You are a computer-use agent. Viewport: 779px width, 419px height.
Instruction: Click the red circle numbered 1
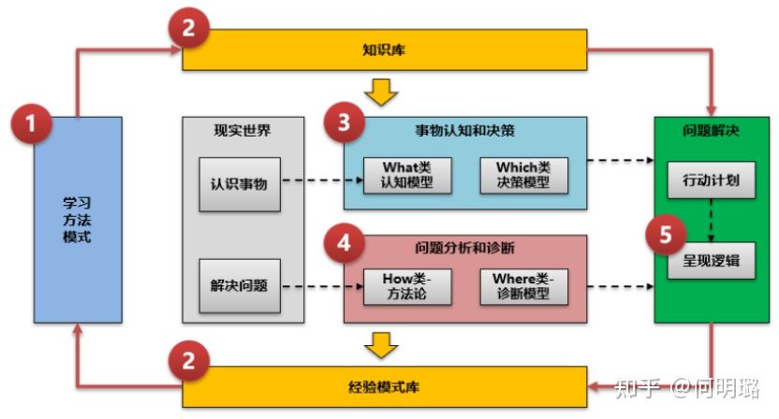click(x=31, y=123)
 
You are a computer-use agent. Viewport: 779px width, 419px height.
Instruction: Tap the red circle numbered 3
click(x=345, y=123)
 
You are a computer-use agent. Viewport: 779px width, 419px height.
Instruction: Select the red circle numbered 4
click(x=345, y=243)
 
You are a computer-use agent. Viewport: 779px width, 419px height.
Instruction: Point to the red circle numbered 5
click(x=666, y=235)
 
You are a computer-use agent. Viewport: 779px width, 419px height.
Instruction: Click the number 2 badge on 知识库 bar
click(x=188, y=28)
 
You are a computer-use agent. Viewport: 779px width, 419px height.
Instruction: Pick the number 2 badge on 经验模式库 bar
click(x=188, y=361)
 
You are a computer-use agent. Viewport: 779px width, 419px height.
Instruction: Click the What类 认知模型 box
click(x=407, y=175)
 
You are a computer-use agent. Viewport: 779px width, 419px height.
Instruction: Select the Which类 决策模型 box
click(x=523, y=175)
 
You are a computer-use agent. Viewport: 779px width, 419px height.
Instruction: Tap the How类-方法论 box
click(x=407, y=286)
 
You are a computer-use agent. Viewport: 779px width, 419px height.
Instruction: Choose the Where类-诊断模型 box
click(x=523, y=286)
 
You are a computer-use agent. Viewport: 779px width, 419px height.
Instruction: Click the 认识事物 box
click(x=240, y=184)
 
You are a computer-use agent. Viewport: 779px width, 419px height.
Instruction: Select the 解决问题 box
click(x=240, y=286)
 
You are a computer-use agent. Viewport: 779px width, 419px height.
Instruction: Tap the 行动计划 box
click(x=711, y=180)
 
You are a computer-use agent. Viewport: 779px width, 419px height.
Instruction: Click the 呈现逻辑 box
click(x=711, y=261)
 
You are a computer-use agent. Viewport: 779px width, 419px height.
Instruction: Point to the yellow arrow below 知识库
click(x=381, y=92)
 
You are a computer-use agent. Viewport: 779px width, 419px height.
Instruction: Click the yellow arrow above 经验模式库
click(x=381, y=345)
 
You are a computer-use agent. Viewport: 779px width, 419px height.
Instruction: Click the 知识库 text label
click(x=384, y=50)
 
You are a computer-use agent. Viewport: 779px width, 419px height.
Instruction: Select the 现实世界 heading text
click(x=243, y=131)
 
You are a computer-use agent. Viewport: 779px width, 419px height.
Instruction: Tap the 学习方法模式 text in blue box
click(x=77, y=220)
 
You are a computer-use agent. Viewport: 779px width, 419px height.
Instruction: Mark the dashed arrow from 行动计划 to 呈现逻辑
click(x=711, y=221)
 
